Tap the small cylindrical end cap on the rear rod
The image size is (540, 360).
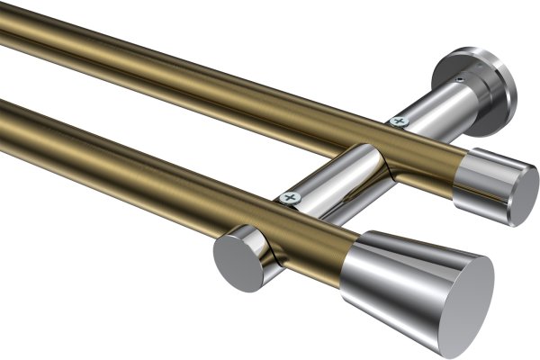coord(493,184)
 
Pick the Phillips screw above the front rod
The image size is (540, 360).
coord(289,197)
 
